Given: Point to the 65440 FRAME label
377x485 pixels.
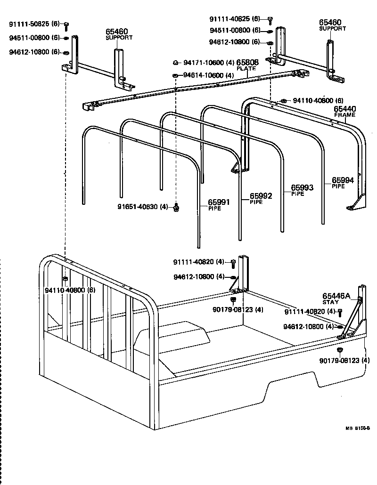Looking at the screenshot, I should pyautogui.click(x=345, y=111).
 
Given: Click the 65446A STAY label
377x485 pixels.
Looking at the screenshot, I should pyautogui.click(x=336, y=298).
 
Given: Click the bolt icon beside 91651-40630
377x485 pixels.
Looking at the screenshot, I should pyautogui.click(x=176, y=207).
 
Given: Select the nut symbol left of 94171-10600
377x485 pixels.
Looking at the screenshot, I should pyautogui.click(x=175, y=63).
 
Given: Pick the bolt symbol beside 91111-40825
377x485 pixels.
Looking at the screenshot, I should pyautogui.click(x=270, y=19).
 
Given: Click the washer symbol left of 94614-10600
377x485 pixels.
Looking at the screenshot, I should pyautogui.click(x=175, y=75).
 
